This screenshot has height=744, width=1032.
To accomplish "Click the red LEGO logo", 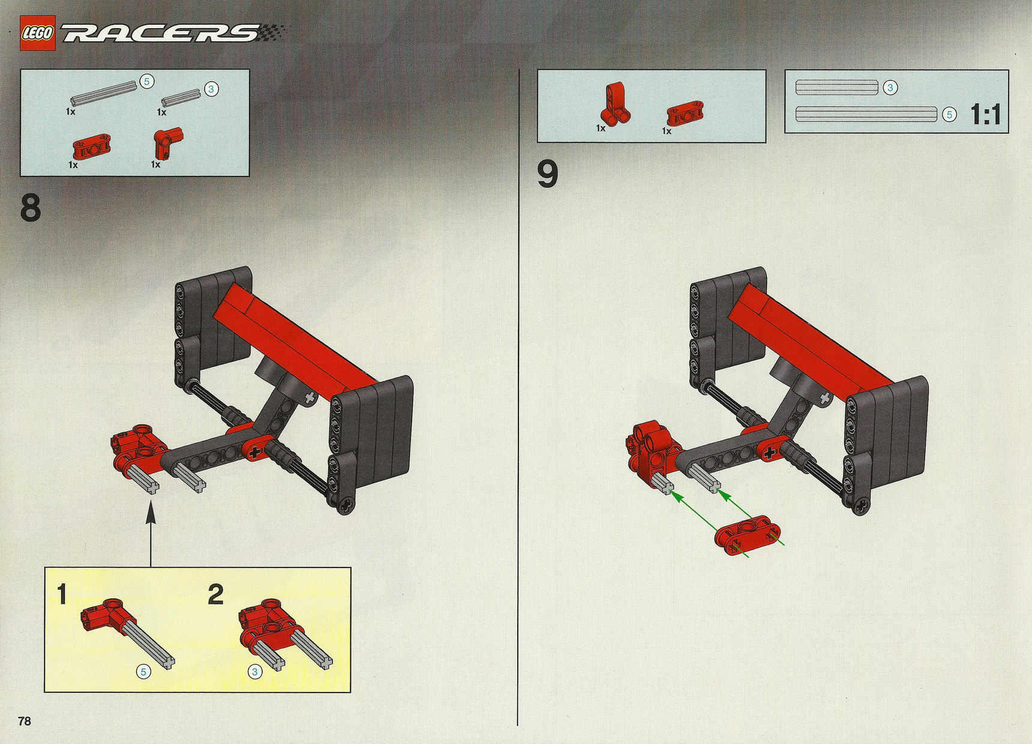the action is click(37, 34).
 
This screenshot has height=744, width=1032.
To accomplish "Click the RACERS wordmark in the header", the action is click(162, 33).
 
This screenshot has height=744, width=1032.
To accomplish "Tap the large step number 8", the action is click(31, 208).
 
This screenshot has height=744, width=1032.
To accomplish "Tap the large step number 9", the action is click(547, 174).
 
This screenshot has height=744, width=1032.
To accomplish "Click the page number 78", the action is click(25, 721).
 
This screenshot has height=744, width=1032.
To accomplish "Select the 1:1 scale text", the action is click(986, 115).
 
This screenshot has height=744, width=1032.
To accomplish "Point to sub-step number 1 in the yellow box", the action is click(62, 594).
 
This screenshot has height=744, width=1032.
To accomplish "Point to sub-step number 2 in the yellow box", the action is click(215, 594).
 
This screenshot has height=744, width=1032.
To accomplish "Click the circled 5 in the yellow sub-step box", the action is click(143, 672).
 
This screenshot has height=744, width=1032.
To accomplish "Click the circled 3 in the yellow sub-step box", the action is click(255, 672).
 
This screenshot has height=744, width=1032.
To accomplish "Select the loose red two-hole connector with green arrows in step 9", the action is click(748, 535).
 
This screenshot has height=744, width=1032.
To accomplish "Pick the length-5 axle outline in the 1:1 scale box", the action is click(866, 114).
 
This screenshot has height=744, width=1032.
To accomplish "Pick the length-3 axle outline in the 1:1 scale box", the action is click(836, 88).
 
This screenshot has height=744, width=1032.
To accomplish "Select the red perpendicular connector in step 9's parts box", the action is click(616, 103).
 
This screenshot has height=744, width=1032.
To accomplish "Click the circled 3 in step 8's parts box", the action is click(211, 89).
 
